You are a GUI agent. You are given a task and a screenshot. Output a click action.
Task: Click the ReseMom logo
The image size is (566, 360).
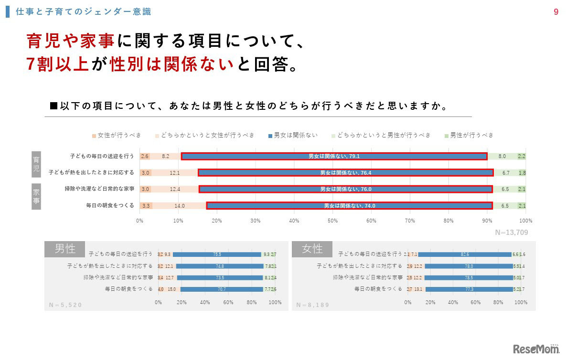pos(536,349)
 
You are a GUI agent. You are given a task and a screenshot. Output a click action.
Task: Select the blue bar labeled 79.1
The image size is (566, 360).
pos(334,156)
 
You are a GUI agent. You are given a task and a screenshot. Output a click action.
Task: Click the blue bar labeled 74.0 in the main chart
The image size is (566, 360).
pos(349,206)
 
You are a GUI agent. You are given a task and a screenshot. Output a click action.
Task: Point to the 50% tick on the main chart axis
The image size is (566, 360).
pos(333,221)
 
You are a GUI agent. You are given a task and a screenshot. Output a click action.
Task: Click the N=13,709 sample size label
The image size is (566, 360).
pos(511,233)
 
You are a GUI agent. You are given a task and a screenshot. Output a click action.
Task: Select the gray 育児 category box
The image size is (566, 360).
pos(36,164)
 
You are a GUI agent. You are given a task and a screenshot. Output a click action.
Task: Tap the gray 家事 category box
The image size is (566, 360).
pos(36,197)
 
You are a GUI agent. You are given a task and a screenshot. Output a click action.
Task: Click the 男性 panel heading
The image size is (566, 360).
pos(64,249)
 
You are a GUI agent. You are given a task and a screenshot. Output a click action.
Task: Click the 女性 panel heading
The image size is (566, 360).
pos(312,249)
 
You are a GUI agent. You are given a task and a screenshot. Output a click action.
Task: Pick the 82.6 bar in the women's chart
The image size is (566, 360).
pos(465,254)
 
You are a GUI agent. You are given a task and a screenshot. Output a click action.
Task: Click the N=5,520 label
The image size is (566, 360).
pos(66,305)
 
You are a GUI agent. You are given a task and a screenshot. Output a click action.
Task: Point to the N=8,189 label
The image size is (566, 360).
pos(313,305)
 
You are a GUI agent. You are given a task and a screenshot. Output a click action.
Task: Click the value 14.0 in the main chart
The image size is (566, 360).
pos(179,206)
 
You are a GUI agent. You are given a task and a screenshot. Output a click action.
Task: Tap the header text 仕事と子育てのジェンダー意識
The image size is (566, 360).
pos(84,12)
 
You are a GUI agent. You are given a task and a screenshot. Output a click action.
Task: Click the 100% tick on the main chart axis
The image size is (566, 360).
pos(525,221)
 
